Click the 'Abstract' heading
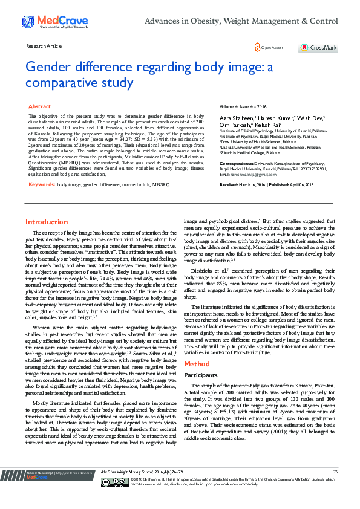pos(39,106)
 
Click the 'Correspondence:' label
pos(235,163)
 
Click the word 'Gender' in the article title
pos(53,67)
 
